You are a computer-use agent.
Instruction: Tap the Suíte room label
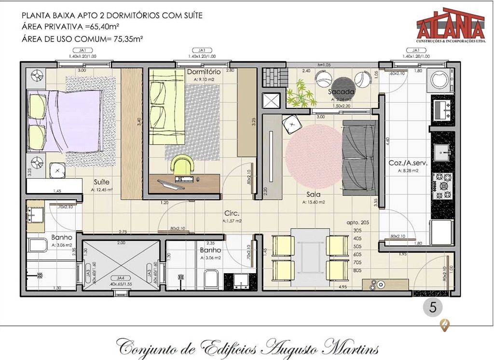tap(101, 182)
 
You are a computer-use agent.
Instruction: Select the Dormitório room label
tap(203, 72)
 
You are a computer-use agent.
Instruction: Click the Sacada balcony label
tap(342, 92)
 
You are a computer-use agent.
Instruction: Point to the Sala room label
tap(314, 195)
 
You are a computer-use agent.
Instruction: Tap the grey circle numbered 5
tap(433, 307)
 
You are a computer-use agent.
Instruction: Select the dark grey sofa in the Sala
tap(359, 158)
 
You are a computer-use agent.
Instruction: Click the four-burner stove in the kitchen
tap(442, 185)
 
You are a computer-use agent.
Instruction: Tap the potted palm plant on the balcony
tap(300, 94)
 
